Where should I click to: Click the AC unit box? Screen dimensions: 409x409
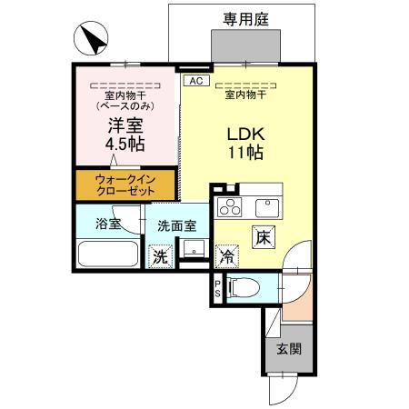pos(194,81)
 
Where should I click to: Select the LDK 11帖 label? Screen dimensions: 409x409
pos(245,141)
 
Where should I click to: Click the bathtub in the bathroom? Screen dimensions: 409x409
pos(107,254)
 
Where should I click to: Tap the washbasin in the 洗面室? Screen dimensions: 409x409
pos(193,247)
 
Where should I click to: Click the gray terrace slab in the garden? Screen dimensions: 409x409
pos(243,45)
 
